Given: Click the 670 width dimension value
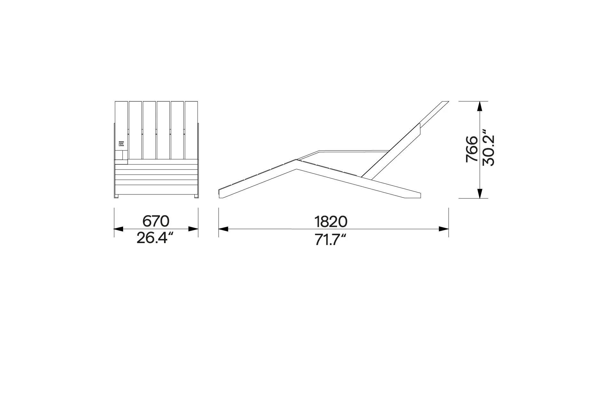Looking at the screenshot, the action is pos(156,221).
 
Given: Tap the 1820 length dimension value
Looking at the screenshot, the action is pos(331,222).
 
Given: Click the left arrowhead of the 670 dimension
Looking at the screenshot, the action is pos(119,229).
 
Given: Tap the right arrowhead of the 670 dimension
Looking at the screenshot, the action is pos(193,229).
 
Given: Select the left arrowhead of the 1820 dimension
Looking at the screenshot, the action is pos(224,229).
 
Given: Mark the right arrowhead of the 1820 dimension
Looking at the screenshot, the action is pos(444,229).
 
